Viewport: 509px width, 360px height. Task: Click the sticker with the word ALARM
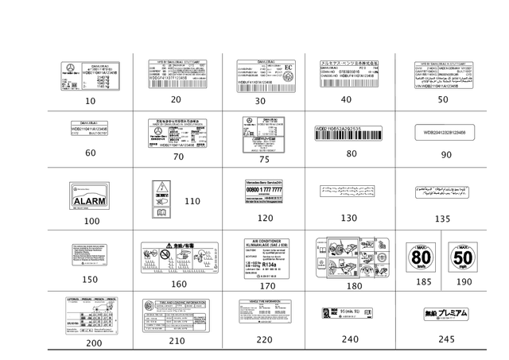[x=91, y=195]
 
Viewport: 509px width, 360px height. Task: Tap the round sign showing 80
[x=421, y=257]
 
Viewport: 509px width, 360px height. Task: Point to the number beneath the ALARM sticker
[x=91, y=220]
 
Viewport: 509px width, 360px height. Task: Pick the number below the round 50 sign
[x=463, y=281]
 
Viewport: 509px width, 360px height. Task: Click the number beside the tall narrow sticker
[x=192, y=201]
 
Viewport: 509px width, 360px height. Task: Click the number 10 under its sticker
[x=91, y=100]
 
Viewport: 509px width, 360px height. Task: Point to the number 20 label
[x=176, y=99]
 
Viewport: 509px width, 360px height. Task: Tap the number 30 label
[x=260, y=101]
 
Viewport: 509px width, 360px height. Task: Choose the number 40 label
[x=346, y=99]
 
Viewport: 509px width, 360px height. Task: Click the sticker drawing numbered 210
[x=176, y=315]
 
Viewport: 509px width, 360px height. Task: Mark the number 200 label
[x=94, y=342]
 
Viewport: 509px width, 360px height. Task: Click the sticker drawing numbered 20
[x=177, y=74]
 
